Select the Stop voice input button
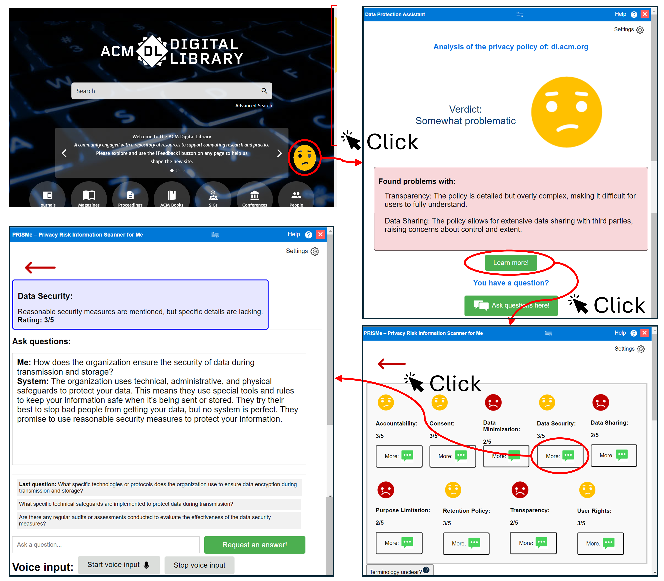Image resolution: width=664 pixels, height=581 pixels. pyautogui.click(x=199, y=565)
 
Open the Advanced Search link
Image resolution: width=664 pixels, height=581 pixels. pyautogui.click(x=253, y=106)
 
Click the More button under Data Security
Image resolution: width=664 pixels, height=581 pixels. pyautogui.click(x=560, y=456)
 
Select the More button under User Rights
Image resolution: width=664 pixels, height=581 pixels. pyautogui.click(x=600, y=543)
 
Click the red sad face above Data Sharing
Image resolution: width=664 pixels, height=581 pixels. pyautogui.click(x=601, y=402)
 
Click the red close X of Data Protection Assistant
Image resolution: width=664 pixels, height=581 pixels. pyautogui.click(x=645, y=14)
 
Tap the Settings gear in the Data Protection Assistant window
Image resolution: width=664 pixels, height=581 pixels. pyautogui.click(x=640, y=30)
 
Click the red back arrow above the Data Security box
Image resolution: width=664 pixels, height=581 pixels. pyautogui.click(x=40, y=267)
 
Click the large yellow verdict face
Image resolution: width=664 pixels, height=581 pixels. pyautogui.click(x=566, y=112)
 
